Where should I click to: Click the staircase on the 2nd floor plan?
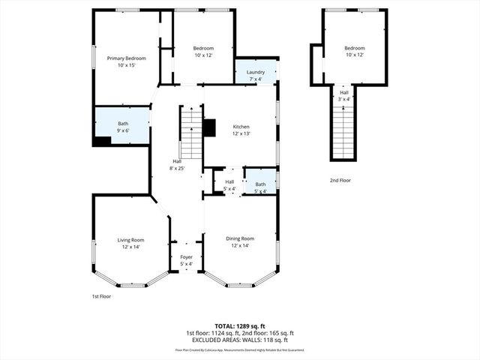click(x=343, y=131)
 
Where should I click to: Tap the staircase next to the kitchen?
click(x=191, y=133)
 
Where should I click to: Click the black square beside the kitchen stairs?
click(x=209, y=128)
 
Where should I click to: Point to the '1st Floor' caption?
click(x=101, y=296)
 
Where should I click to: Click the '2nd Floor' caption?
click(x=340, y=180)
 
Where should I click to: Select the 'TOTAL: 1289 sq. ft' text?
click(x=240, y=325)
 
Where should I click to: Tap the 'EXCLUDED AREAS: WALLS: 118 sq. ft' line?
click(x=240, y=339)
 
